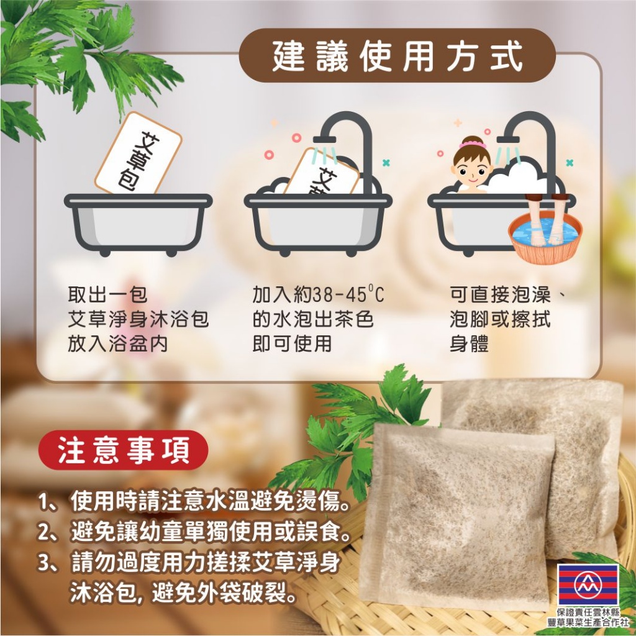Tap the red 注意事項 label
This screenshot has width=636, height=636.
[x=124, y=450]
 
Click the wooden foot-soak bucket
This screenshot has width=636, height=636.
[x=543, y=232]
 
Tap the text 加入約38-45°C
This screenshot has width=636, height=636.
[x=318, y=294]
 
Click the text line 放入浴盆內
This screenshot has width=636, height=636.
[x=117, y=344]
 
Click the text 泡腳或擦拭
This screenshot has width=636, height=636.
[x=499, y=319]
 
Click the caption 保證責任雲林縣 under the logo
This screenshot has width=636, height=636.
[x=588, y=612]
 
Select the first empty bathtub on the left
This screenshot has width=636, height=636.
[x=139, y=220]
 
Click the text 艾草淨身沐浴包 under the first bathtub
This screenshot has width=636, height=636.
[x=138, y=319]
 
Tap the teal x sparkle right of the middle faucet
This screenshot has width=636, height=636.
[x=386, y=163]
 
